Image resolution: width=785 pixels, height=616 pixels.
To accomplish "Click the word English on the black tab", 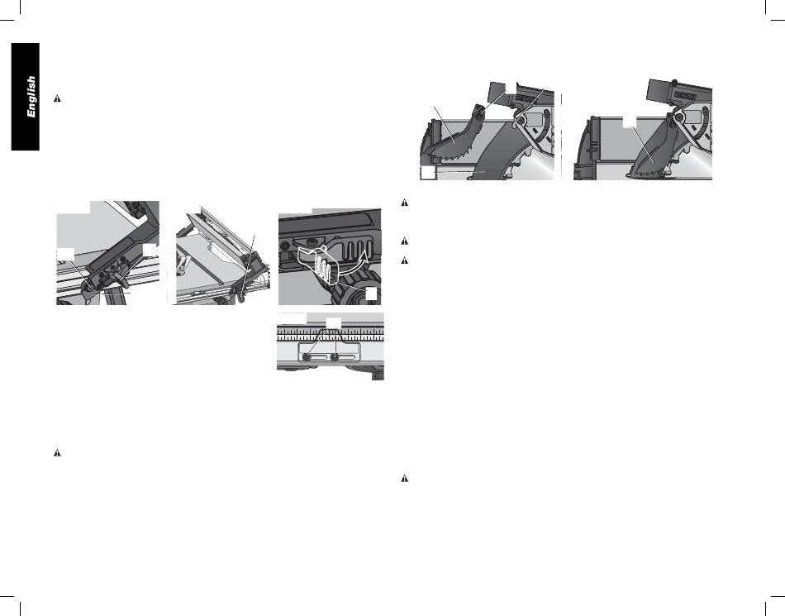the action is [31, 98].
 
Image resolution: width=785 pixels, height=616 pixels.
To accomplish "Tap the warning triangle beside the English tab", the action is [57, 98].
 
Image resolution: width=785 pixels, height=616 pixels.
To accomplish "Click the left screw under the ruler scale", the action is [307, 357].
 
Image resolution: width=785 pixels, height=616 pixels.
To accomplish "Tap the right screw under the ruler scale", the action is [334, 357].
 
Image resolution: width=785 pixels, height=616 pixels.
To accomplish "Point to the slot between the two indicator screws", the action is [321, 357].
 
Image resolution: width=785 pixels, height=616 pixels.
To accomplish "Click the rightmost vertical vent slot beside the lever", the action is [369, 248].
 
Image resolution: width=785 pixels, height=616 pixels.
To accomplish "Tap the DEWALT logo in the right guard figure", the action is [685, 94].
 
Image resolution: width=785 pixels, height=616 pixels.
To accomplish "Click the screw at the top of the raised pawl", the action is [479, 116].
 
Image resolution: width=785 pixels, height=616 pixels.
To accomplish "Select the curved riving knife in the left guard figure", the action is [492, 151].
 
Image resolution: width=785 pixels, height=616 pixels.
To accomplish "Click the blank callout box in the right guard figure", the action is [630, 122].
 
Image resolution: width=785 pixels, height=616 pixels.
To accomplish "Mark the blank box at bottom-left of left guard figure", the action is [428, 172].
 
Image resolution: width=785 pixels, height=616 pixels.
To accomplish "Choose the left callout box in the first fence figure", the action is [66, 253].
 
